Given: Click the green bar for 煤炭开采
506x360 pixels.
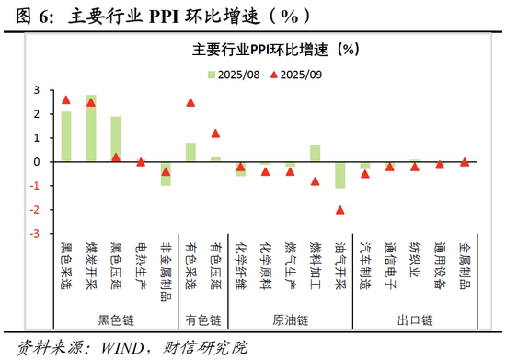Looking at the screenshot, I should point(91,128).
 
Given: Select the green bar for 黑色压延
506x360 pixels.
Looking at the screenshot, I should point(116,139).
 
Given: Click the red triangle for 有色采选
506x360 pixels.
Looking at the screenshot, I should point(190,102).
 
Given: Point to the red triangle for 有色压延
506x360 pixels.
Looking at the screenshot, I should point(215,134).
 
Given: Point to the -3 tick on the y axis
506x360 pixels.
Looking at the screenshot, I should point(37,234).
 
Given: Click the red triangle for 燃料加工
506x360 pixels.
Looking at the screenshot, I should point(315,181).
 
